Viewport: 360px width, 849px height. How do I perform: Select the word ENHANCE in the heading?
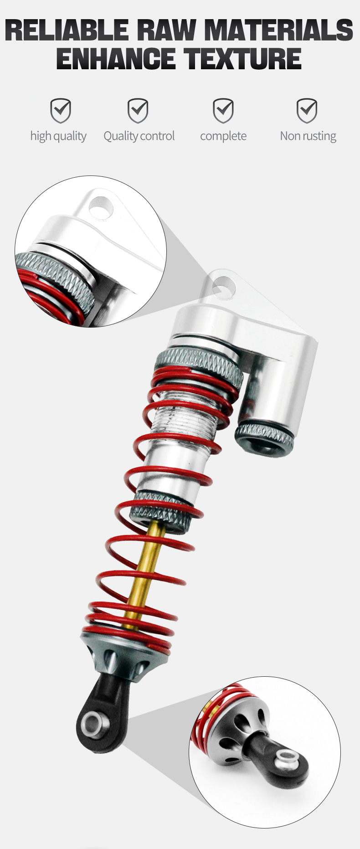116,58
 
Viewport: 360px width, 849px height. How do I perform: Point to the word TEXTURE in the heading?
242,58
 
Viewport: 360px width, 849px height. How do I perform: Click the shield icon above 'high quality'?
60,111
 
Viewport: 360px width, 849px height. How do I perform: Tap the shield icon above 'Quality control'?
138,111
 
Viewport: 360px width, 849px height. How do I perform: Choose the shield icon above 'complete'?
223,111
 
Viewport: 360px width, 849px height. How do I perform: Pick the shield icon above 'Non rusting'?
307,111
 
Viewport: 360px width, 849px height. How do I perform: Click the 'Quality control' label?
139,136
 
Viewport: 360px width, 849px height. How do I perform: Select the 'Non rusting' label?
308,136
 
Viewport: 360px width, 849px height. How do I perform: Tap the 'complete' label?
223,136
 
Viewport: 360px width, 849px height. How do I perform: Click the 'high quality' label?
58,136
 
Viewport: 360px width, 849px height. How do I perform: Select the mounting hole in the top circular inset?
101,207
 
